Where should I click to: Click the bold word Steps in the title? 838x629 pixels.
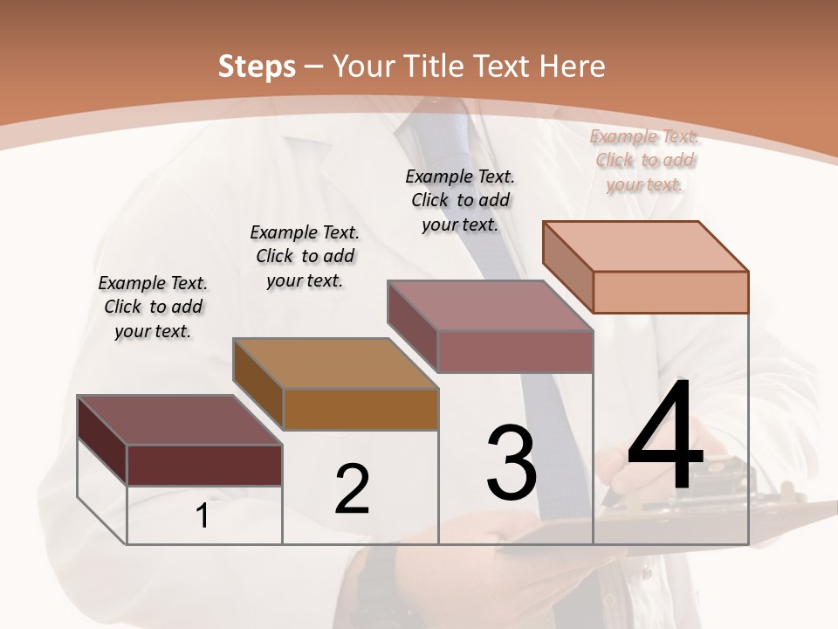(257, 66)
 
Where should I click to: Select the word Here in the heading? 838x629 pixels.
(573, 66)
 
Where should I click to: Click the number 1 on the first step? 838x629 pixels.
(203, 516)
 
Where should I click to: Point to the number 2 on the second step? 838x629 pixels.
(352, 489)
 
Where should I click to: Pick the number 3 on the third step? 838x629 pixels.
(512, 463)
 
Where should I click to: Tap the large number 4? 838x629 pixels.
(665, 437)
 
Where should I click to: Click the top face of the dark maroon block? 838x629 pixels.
(179, 420)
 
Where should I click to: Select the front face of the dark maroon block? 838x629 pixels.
(204, 465)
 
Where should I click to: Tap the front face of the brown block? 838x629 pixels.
(361, 409)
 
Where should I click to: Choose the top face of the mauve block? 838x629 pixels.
(490, 306)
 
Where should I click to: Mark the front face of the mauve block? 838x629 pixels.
(515, 351)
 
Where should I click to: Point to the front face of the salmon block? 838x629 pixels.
(670, 292)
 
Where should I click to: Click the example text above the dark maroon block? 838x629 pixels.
(153, 307)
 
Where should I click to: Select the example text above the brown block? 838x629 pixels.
(305, 256)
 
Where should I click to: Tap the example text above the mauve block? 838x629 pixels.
(460, 200)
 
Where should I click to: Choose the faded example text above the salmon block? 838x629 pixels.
(644, 160)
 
